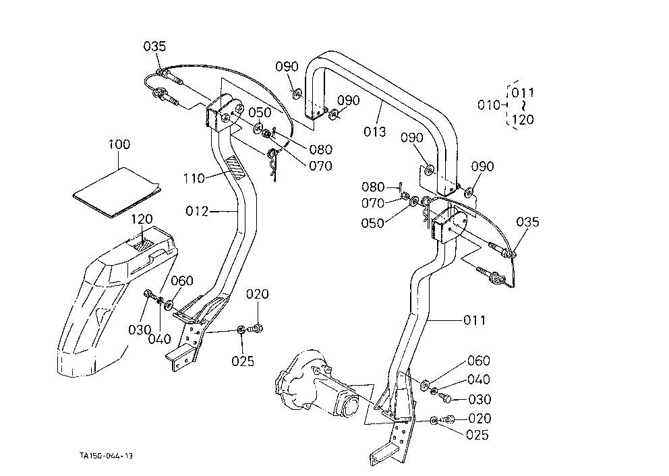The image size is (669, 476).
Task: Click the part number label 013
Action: (x=374, y=131)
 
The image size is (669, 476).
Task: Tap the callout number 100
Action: (x=119, y=144)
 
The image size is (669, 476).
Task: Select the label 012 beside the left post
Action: (x=197, y=211)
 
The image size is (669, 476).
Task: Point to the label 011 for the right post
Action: (x=475, y=320)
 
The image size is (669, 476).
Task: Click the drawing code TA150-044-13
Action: (x=107, y=456)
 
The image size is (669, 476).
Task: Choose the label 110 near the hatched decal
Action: (x=194, y=178)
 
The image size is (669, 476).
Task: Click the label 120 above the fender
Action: (x=142, y=219)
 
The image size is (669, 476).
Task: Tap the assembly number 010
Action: (x=488, y=105)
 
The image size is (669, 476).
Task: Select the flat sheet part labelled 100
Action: (x=117, y=192)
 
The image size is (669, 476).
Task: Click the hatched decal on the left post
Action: (x=235, y=168)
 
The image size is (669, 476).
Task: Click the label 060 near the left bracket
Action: (x=182, y=280)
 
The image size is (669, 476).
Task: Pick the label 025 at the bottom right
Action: (x=477, y=435)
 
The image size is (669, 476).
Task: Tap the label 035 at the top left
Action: (x=154, y=46)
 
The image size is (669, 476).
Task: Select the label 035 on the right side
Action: (x=528, y=222)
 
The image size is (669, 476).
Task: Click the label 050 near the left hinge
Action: (x=260, y=113)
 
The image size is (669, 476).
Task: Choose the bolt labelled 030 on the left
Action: (x=149, y=294)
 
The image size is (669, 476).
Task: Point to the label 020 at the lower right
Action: (x=479, y=418)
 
